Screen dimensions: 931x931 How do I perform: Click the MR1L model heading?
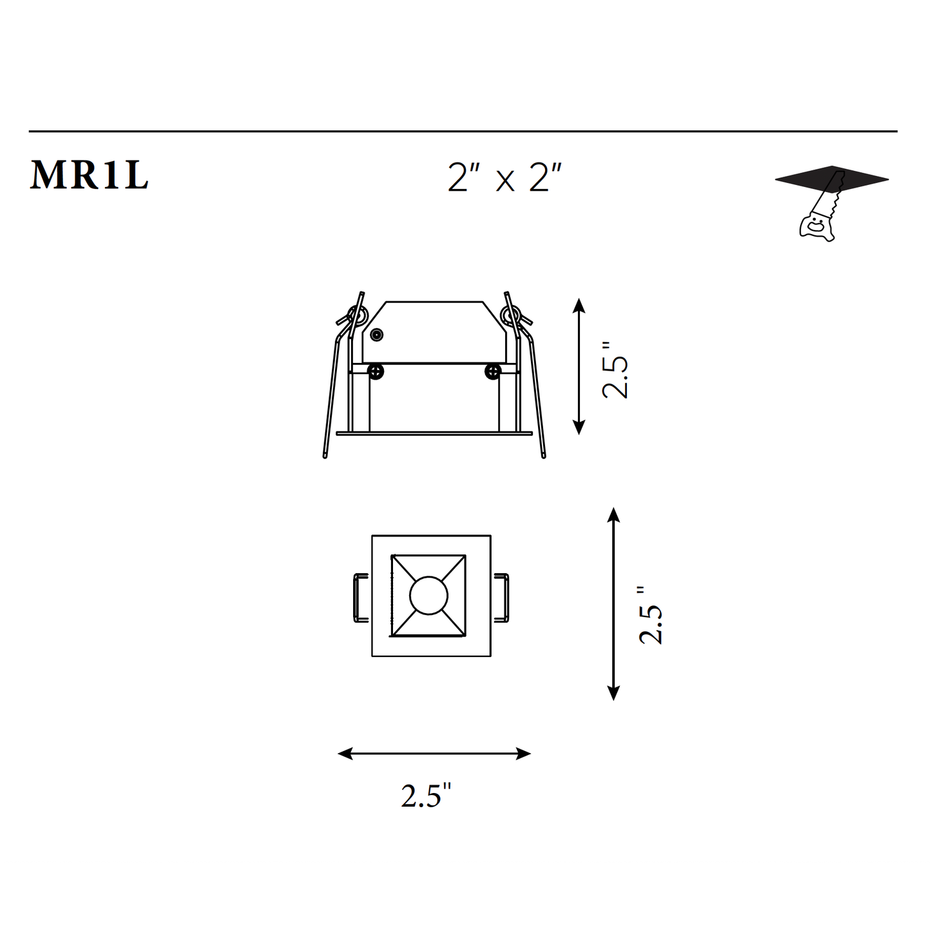[x=89, y=175]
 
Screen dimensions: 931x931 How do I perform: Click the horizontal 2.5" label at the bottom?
[x=426, y=796]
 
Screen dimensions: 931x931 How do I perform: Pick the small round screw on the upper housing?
[x=377, y=335]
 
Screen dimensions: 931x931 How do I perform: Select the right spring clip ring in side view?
[x=510, y=315]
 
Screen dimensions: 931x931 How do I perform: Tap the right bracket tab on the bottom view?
[x=501, y=597]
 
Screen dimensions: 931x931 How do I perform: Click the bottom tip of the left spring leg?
[x=325, y=456]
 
